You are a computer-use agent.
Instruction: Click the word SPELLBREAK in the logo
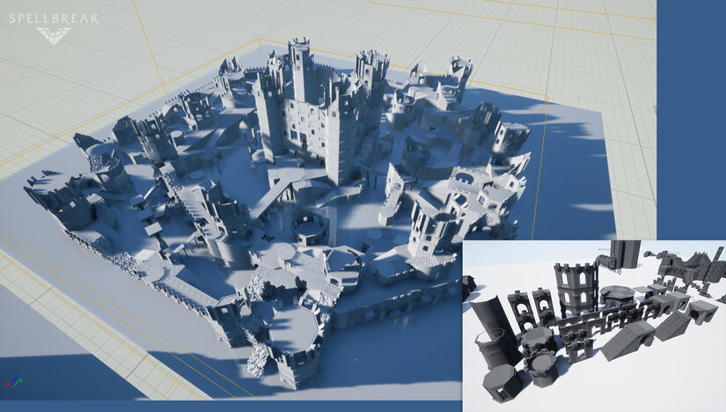pyautogui.click(x=54, y=18)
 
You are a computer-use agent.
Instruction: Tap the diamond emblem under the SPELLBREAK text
pyautogui.click(x=54, y=35)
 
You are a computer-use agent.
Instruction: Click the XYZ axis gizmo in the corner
pyautogui.click(x=11, y=383)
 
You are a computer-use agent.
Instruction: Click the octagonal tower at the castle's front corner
pyautogui.click(x=294, y=340)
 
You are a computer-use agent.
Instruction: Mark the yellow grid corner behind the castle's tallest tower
pyautogui.click(x=258, y=40)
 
